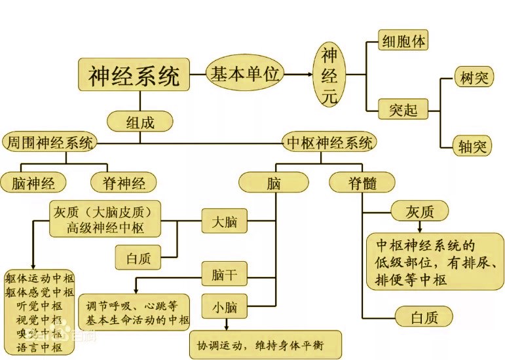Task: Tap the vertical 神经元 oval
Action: tap(331, 76)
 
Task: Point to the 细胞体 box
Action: tap(404, 41)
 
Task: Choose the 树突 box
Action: tap(472, 79)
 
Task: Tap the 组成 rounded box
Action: tap(140, 121)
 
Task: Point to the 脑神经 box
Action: tap(34, 182)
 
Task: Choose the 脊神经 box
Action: tap(123, 182)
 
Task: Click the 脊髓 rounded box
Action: tap(362, 183)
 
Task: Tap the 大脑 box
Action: tap(224, 223)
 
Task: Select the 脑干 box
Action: tap(224, 276)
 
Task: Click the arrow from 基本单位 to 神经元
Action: tap(298, 74)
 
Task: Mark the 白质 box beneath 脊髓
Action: tap(424, 317)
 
